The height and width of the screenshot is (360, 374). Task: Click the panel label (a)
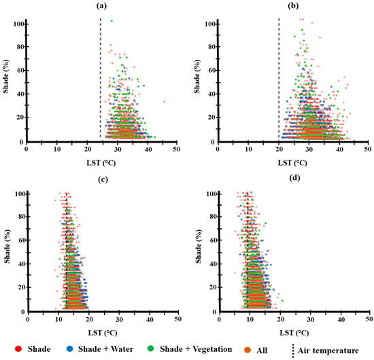point(101,5)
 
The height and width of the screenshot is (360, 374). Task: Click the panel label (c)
point(101,179)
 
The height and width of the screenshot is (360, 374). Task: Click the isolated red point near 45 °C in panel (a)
point(164,102)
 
